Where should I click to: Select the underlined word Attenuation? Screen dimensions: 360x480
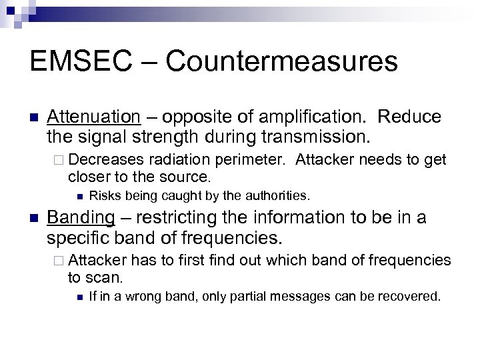coord(93,117)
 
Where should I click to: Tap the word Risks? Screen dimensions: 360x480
coord(103,195)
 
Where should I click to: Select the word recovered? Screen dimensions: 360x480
coord(415,295)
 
